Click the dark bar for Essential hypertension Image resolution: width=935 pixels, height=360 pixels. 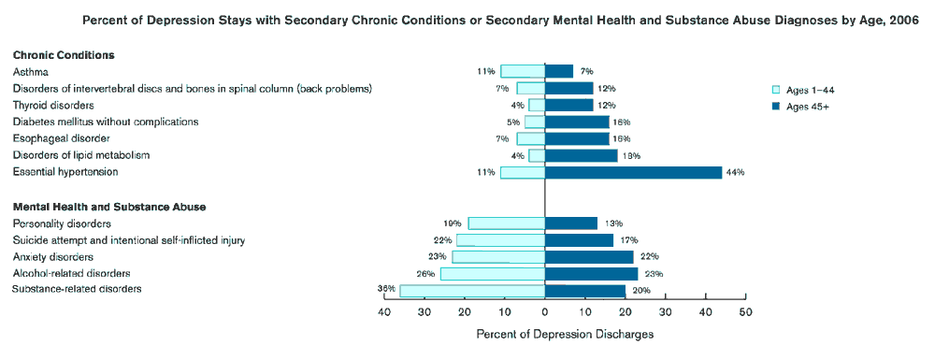click(633, 172)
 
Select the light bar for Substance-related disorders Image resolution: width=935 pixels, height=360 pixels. click(472, 291)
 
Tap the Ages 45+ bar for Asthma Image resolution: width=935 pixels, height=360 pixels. click(559, 71)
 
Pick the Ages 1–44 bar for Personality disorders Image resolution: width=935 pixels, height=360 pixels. click(506, 223)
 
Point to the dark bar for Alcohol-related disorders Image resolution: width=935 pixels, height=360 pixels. click(591, 274)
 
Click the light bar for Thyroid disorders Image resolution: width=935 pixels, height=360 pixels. click(537, 105)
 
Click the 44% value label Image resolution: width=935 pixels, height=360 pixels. click(735, 172)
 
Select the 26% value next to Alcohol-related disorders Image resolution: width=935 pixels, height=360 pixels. click(425, 274)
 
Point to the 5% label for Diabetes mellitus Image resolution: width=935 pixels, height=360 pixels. click(512, 122)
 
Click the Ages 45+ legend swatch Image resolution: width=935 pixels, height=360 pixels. click(775, 107)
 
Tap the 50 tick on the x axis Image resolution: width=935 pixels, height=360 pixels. click(745, 312)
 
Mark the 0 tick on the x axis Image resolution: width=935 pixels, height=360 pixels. click(545, 312)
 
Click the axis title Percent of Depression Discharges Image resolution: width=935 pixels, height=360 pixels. click(565, 334)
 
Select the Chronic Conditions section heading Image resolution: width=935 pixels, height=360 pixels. click(64, 55)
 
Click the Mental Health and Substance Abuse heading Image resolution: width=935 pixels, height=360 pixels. click(109, 207)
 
